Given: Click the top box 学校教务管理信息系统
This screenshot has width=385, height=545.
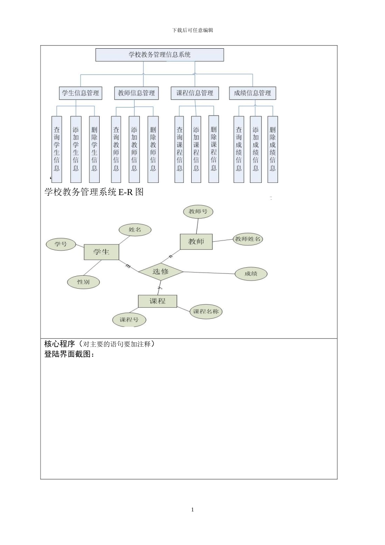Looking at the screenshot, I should coord(159,55).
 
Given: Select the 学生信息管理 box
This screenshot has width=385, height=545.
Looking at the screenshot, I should coord(80,93).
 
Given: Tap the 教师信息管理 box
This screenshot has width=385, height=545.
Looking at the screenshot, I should coord(136,93).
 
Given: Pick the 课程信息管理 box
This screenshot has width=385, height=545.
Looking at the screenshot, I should coord(195,93).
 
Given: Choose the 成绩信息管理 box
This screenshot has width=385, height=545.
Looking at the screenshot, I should coord(252,93).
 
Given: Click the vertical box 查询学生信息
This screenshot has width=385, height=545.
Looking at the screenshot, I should coord(57,149).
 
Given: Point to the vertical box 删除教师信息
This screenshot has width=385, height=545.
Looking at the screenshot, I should coord(153,149).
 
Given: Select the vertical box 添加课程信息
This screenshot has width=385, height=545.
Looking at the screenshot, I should coord(196,149).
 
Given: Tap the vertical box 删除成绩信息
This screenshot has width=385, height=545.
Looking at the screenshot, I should coord(273,149).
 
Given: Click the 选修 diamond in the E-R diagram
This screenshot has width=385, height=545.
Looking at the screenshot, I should coord(160,272).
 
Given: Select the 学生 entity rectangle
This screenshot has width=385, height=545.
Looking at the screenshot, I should coord(101,252).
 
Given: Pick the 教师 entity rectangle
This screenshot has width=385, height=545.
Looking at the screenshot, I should coord(196,242).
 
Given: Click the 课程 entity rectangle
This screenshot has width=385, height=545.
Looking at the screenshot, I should coord(157,301).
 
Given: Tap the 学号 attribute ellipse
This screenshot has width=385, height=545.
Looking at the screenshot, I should coord(61,244).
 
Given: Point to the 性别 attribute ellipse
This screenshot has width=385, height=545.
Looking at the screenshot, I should coord(83,282).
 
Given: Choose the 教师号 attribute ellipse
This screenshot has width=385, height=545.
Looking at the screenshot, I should coord(198,211).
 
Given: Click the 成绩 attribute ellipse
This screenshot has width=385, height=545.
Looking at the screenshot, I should coord(251,274).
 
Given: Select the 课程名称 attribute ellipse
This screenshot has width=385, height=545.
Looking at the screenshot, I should coord(206,311).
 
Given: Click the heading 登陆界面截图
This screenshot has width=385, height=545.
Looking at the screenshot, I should coord(69,354).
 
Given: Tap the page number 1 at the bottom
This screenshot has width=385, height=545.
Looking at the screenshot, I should coord(192,510).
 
